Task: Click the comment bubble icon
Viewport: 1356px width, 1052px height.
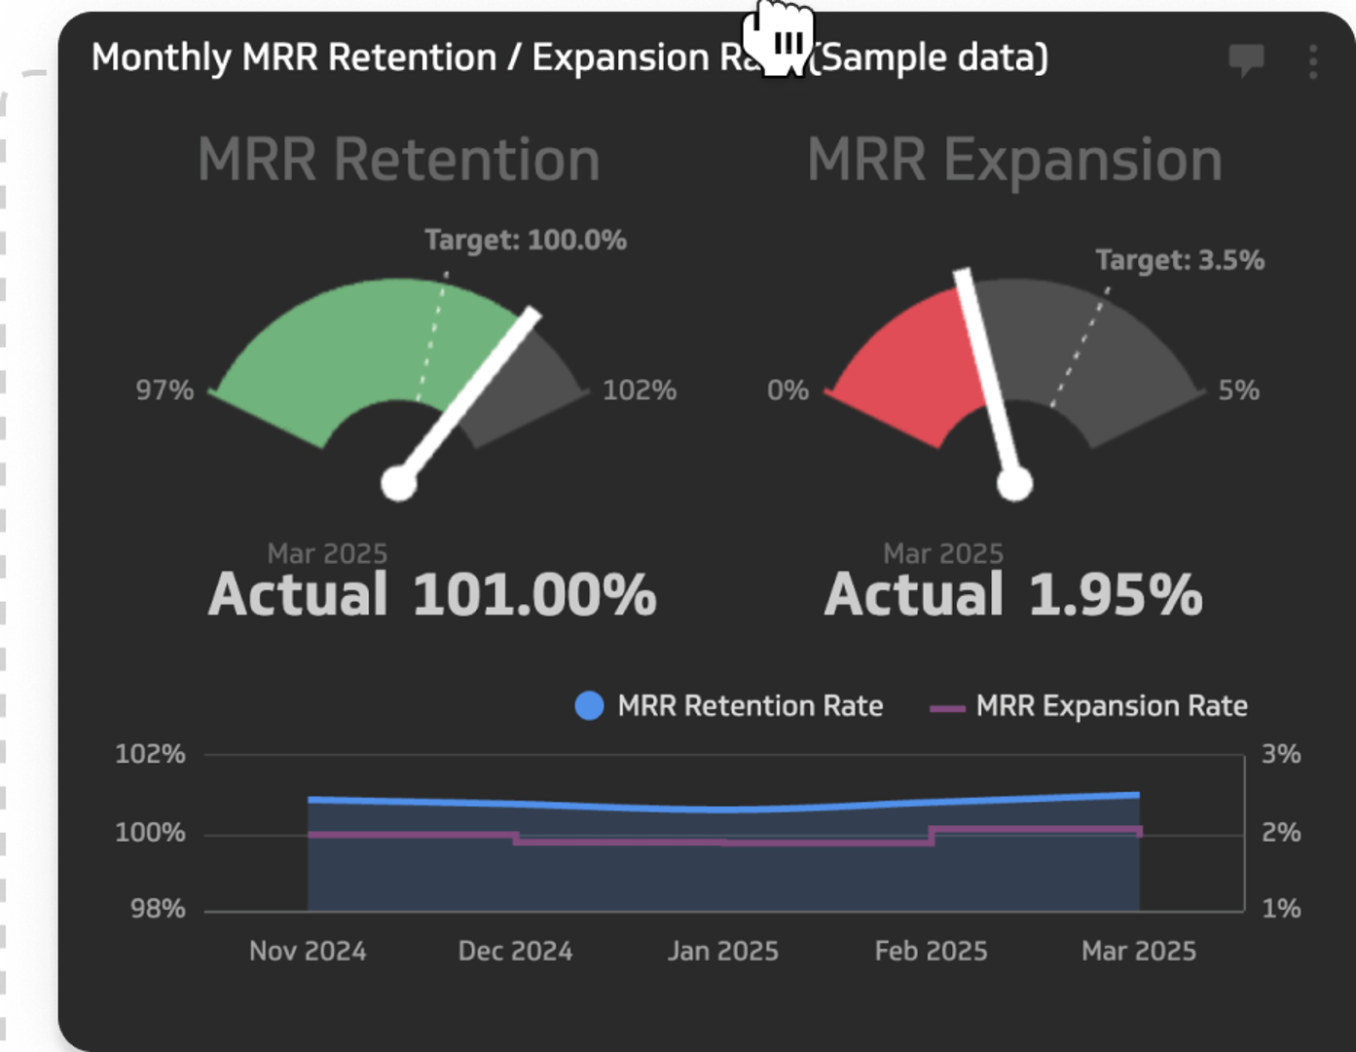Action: (1246, 60)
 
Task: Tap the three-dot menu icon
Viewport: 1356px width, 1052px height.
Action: (1313, 61)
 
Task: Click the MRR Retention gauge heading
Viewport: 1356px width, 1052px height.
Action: (399, 160)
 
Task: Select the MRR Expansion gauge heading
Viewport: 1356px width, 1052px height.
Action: (1014, 160)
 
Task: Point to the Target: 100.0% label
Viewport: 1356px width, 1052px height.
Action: (526, 240)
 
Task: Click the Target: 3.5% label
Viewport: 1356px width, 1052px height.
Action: (1180, 260)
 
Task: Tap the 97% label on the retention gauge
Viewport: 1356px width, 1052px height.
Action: (165, 391)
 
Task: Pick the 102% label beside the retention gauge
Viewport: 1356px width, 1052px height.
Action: (640, 391)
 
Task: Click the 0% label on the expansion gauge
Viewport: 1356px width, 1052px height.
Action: (788, 391)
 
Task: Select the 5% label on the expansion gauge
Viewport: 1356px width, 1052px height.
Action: (1238, 391)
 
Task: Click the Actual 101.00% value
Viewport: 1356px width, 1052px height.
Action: (433, 594)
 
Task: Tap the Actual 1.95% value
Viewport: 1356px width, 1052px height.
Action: (1013, 594)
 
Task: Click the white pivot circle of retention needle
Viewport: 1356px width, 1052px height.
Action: (399, 483)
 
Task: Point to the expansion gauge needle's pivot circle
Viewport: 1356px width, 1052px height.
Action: (1014, 483)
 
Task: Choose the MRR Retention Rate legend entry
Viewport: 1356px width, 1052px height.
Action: (730, 705)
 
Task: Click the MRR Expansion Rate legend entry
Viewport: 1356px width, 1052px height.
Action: (1089, 705)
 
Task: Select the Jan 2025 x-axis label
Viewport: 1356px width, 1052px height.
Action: (723, 951)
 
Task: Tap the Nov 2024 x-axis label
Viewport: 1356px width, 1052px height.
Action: (308, 951)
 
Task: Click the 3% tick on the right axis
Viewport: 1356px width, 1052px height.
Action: (1281, 754)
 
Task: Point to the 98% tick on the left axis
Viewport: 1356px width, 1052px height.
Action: (158, 909)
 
